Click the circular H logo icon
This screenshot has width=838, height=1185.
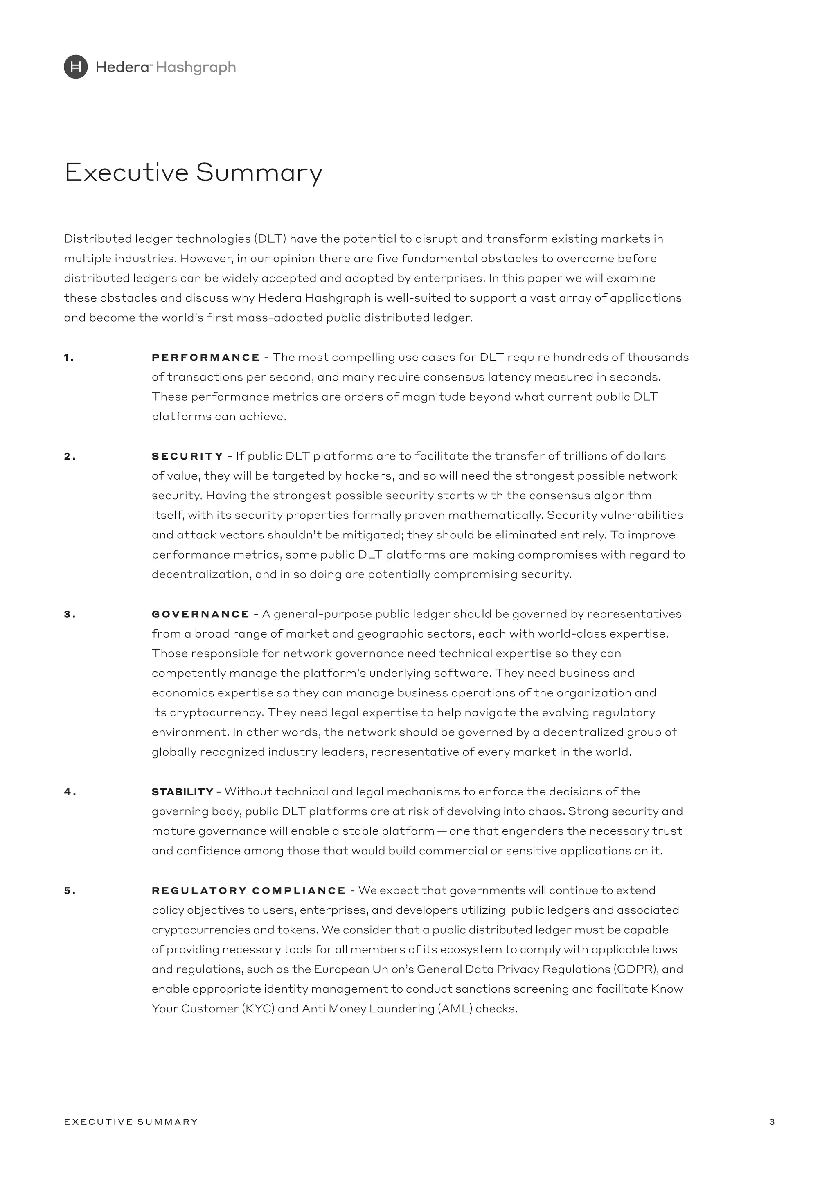tap(76, 67)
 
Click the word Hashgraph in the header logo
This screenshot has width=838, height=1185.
tap(196, 68)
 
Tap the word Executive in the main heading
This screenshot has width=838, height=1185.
tap(126, 172)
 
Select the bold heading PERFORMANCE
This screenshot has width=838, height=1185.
tap(206, 357)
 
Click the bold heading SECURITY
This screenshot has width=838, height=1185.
tap(187, 456)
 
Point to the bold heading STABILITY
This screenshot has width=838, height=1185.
tap(182, 792)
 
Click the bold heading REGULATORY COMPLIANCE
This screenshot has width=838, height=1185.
tap(249, 890)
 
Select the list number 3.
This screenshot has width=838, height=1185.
tap(70, 614)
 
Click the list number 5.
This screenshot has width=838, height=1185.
tap(70, 891)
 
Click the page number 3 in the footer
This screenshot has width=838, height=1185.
tap(772, 1122)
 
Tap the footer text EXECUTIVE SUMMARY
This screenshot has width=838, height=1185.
tap(131, 1122)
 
